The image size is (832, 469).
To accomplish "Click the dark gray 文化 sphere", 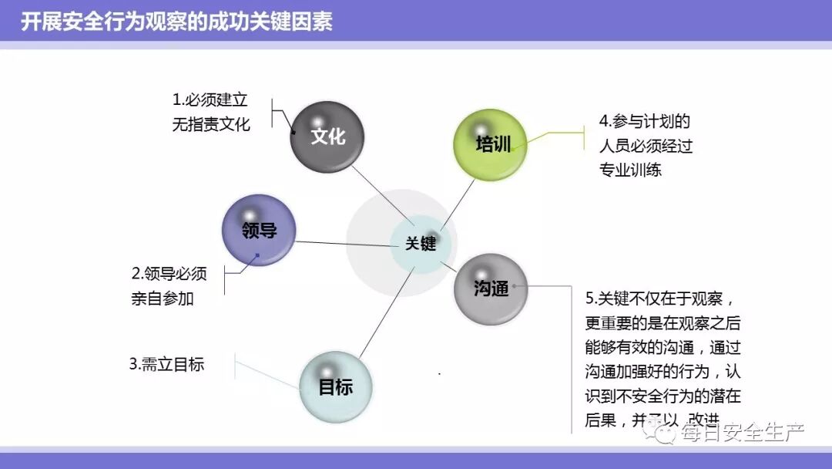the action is point(327,137).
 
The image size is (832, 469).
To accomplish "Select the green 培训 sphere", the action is point(491,145).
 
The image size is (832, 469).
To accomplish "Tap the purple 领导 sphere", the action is point(259,230).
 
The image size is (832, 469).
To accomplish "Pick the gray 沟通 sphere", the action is point(491,288).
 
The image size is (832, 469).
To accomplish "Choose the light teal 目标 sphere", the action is point(335,386).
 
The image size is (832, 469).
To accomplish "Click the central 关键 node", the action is point(420,244).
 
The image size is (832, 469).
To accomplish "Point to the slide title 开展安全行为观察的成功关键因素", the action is point(176,22).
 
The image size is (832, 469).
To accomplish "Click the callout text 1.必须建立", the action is point(210,100).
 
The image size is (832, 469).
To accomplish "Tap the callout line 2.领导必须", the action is point(169,274).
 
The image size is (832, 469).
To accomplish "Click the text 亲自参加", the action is point(163,298).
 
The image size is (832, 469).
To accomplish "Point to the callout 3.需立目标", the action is point(166,364).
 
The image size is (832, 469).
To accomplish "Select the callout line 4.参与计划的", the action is point(644,121).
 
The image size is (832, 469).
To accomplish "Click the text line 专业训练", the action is point(630,170).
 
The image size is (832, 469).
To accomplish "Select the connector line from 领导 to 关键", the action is point(343,244).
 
